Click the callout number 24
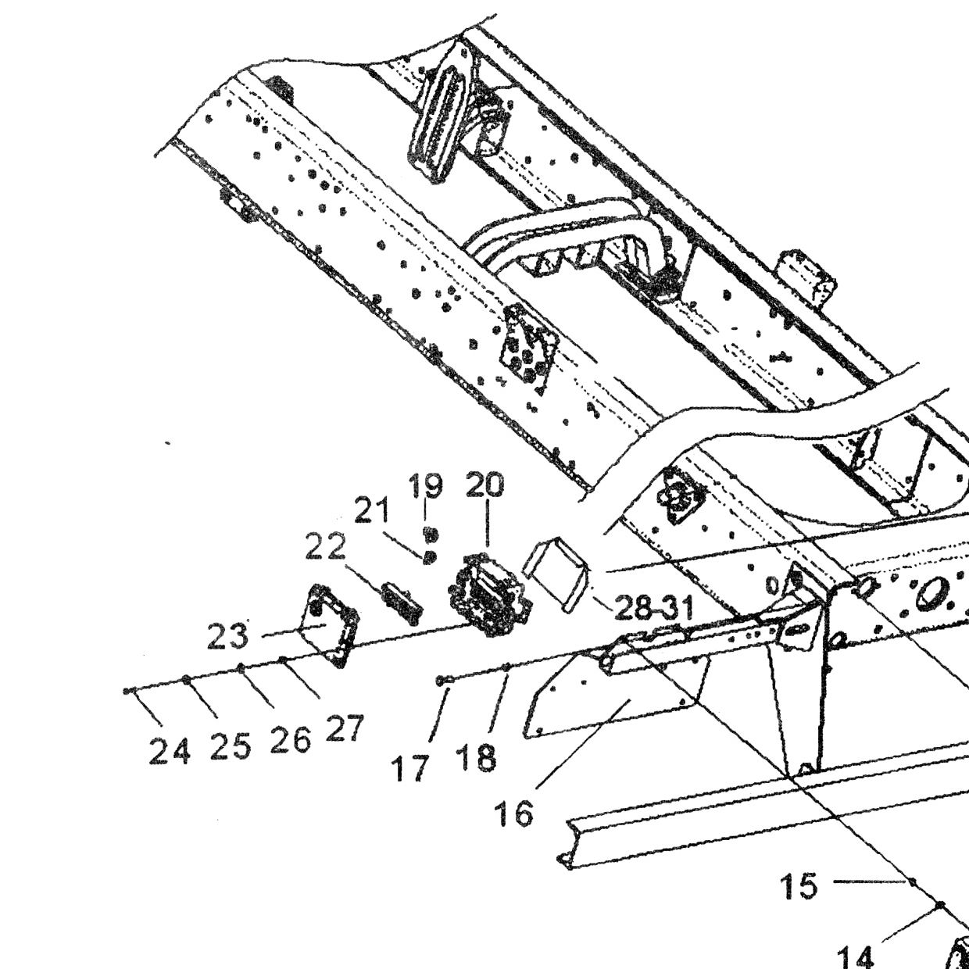[170, 751]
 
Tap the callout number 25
[231, 746]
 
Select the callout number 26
[290, 740]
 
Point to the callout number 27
[345, 729]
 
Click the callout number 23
[227, 635]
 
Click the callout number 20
[484, 484]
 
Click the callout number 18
[477, 758]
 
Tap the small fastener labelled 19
[431, 533]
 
